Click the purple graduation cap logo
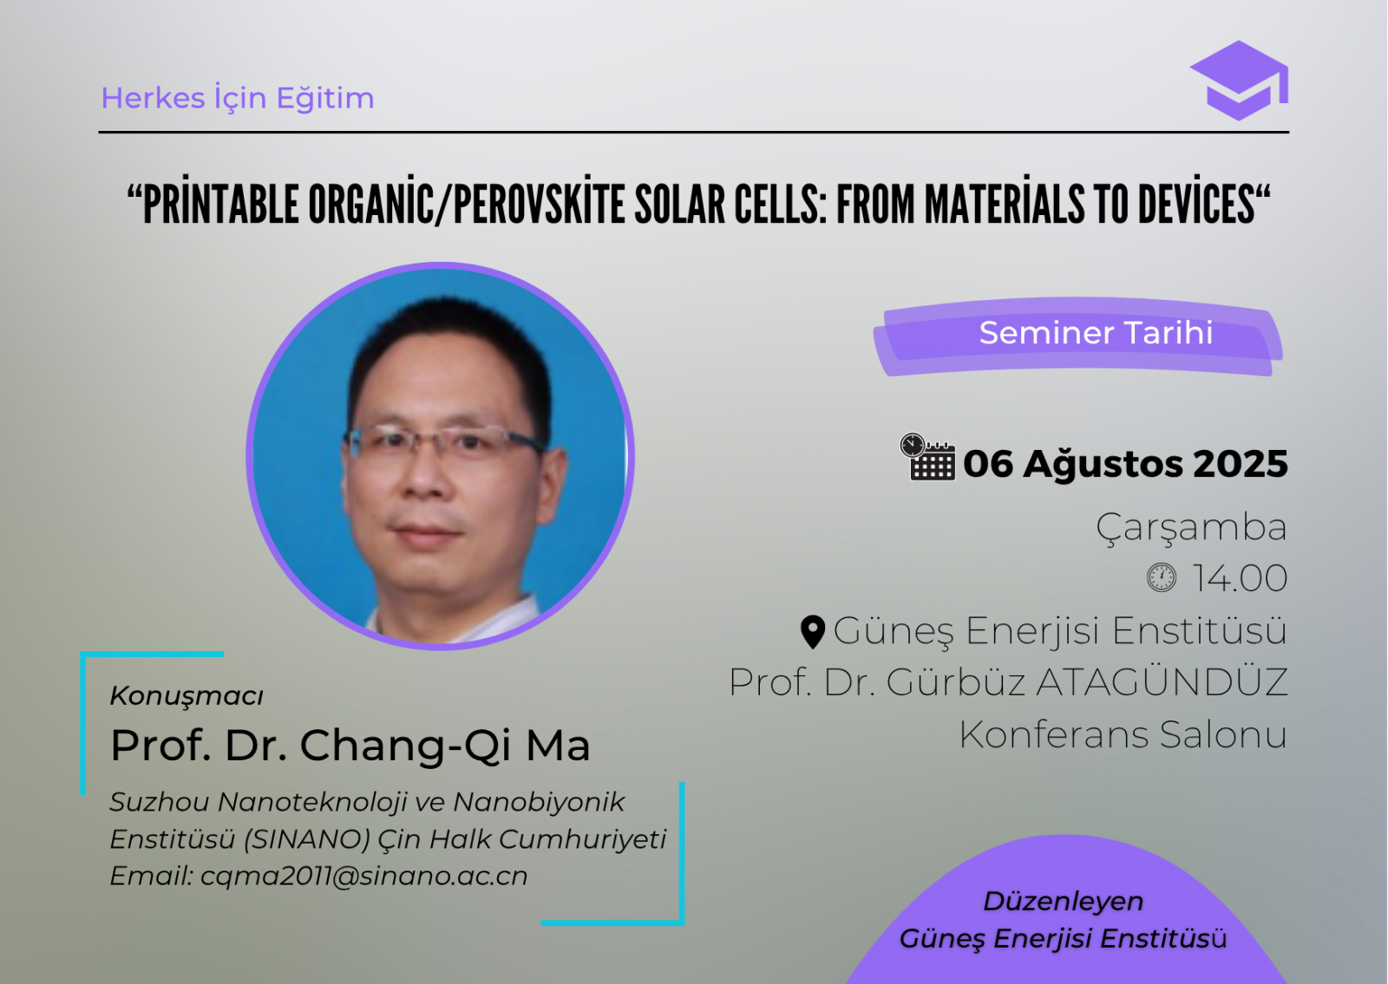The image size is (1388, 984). [x=1240, y=81]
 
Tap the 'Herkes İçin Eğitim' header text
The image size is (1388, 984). [x=238, y=99]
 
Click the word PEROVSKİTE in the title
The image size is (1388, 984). [x=539, y=205]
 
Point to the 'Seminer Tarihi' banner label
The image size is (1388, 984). [x=1096, y=333]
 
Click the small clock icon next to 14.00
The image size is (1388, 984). [x=1162, y=577]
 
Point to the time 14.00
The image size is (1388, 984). [x=1241, y=578]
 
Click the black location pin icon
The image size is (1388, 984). [x=813, y=632]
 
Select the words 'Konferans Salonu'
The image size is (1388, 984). [x=1123, y=735]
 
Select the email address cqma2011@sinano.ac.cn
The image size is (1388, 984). [x=363, y=876]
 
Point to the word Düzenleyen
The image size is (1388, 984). [x=1064, y=902]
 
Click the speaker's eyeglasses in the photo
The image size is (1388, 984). [x=445, y=443]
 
